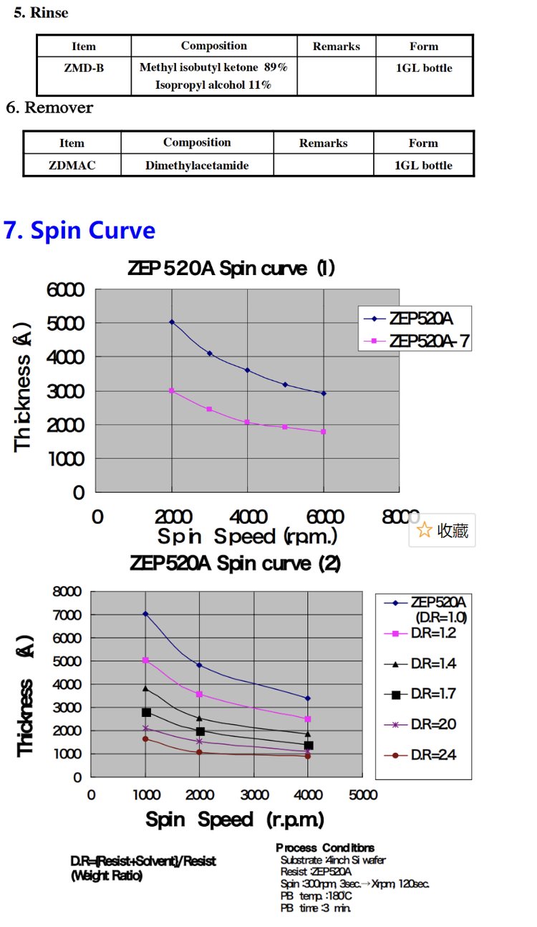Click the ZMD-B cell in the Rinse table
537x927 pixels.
(84, 68)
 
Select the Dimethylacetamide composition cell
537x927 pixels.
(197, 165)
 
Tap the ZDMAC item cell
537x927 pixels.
(72, 165)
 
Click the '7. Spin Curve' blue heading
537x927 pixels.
(79, 231)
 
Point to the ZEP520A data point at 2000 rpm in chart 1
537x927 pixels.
(172, 322)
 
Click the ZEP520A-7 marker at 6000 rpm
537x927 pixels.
(324, 431)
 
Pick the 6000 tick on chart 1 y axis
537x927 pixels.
(66, 290)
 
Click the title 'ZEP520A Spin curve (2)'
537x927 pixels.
(235, 564)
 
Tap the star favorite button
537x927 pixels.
(442, 530)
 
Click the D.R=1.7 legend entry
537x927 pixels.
(423, 693)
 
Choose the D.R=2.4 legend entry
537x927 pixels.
(423, 755)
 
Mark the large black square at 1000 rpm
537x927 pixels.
(146, 712)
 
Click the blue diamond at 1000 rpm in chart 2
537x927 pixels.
(145, 614)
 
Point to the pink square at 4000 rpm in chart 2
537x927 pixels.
(308, 719)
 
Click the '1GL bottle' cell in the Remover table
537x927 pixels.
(423, 165)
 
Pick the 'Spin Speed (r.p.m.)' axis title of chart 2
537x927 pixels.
(235, 820)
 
